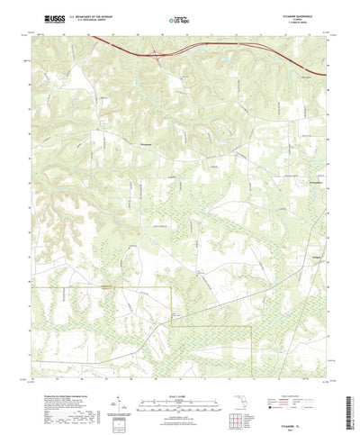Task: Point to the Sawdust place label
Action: coord(292,231)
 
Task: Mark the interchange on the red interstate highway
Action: coord(160,56)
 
